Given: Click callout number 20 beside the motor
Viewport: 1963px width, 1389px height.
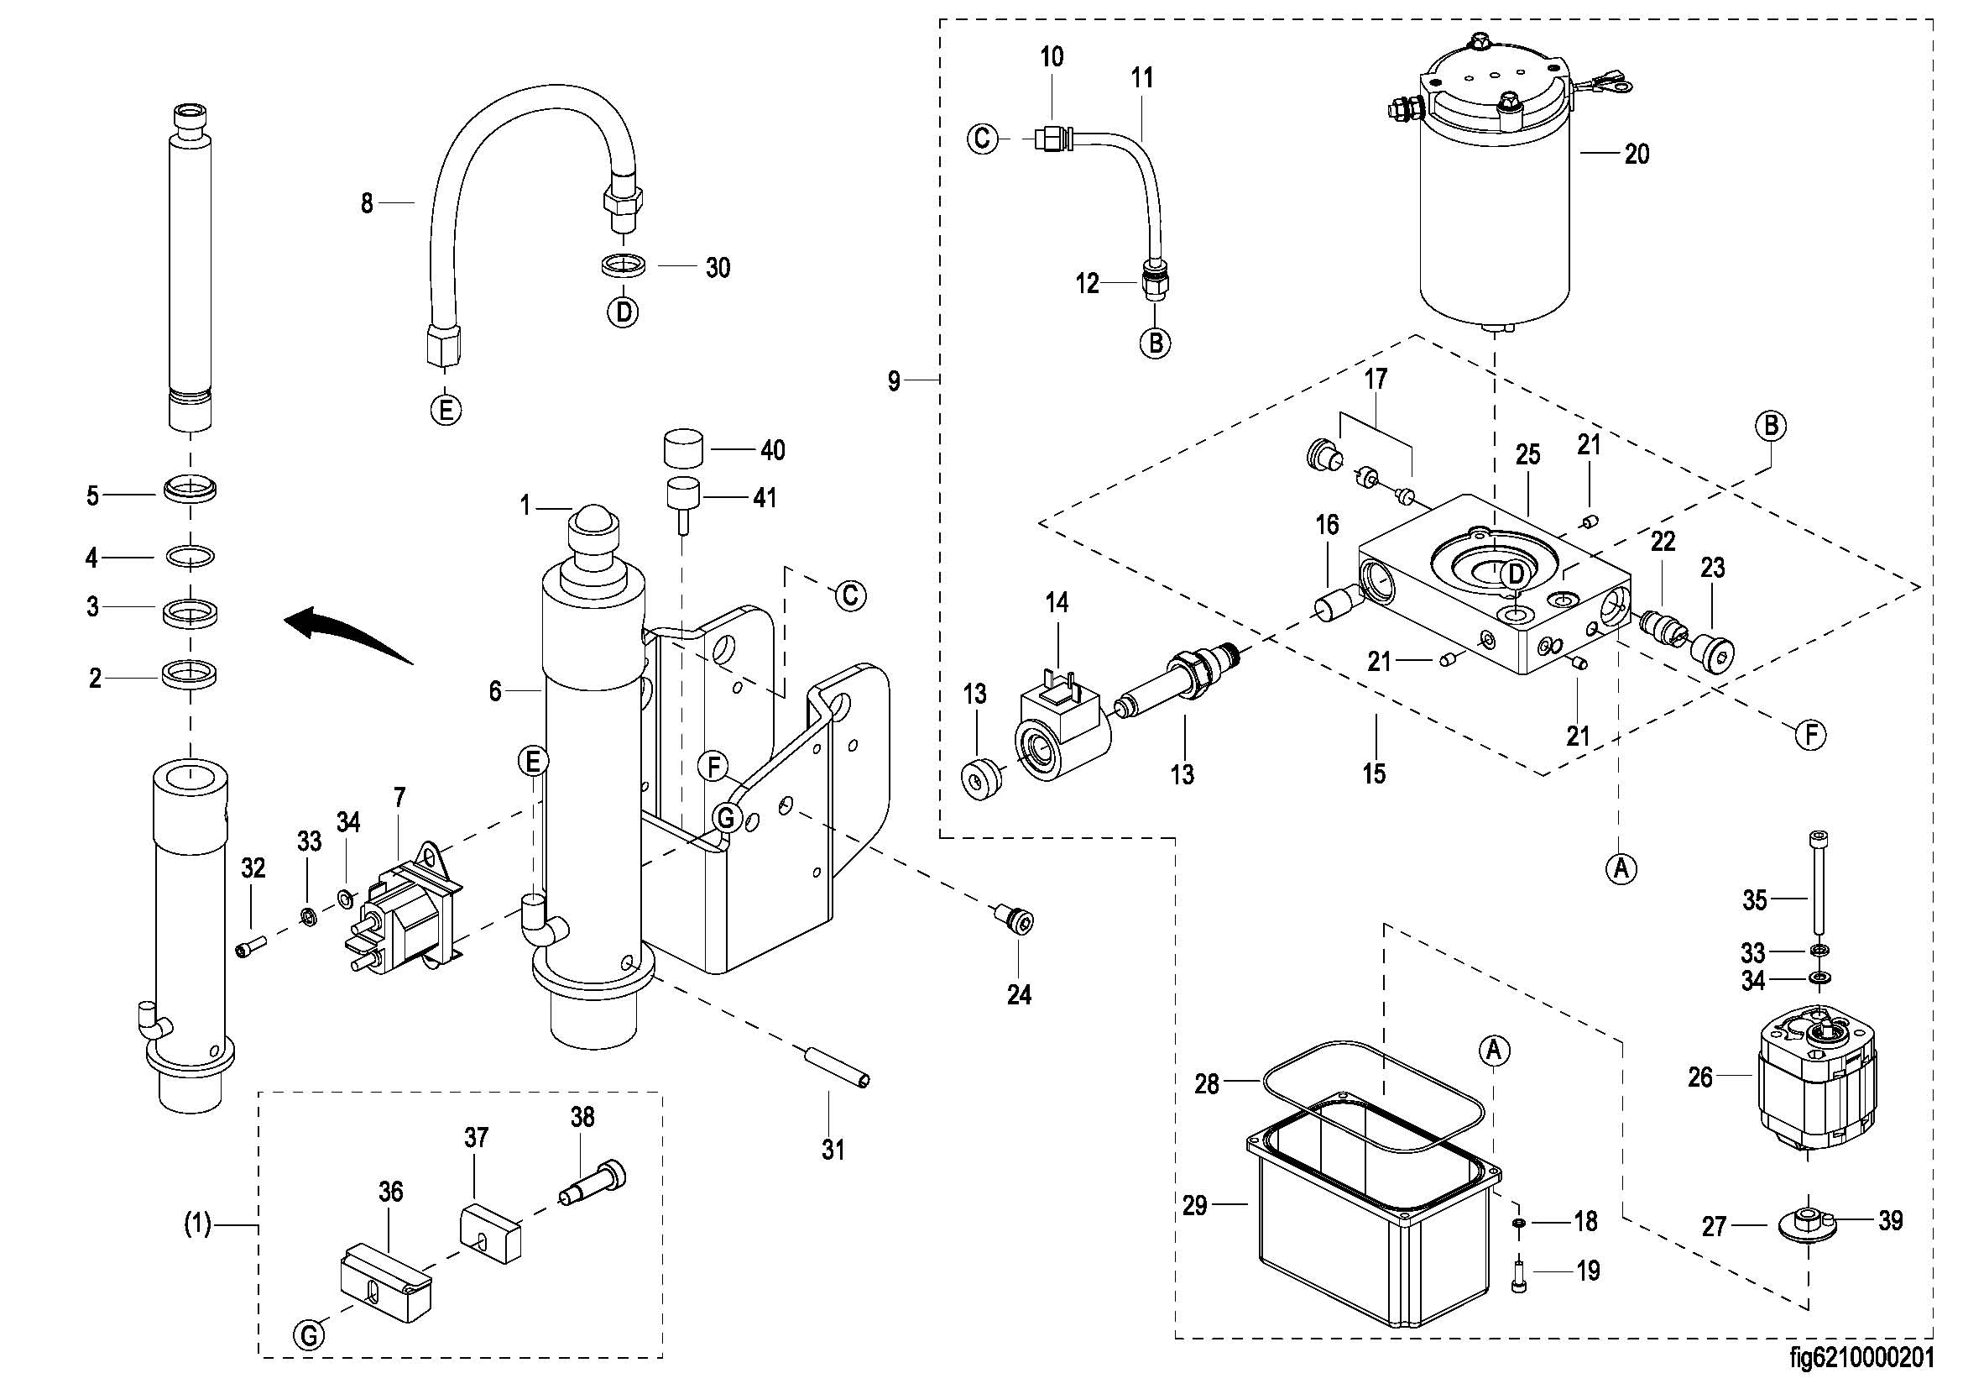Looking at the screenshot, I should point(1637,154).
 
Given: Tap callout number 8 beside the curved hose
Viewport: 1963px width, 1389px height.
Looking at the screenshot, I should point(367,203).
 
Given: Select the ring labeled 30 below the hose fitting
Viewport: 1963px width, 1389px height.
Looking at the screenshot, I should point(623,265).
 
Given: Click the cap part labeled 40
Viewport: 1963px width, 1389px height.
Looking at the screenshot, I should point(684,449).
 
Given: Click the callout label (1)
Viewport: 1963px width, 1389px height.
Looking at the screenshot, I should point(198,1225).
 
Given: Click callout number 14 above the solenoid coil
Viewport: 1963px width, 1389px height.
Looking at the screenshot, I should point(1057,603).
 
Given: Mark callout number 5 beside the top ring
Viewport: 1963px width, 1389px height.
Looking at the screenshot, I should point(93,496).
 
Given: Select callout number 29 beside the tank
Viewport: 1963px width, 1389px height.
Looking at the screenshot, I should point(1194,1205).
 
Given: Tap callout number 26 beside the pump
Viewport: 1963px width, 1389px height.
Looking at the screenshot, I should point(1700,1077).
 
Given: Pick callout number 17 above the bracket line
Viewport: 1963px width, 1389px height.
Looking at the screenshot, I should point(1376,378).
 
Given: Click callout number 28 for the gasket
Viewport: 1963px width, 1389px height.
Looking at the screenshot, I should point(1206,1083).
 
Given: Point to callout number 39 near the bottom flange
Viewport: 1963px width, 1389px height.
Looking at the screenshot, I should point(1890,1220).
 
